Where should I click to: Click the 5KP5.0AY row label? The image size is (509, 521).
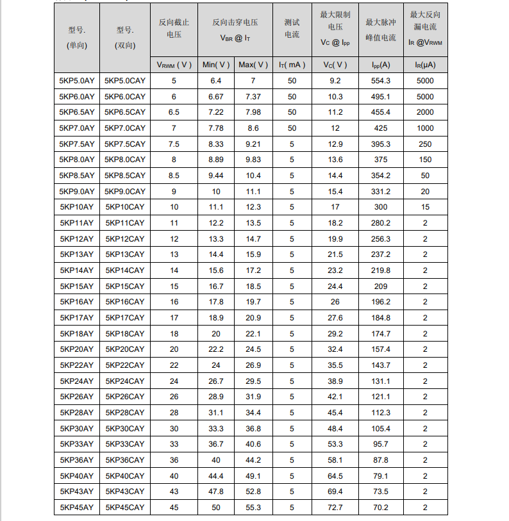coord(77,81)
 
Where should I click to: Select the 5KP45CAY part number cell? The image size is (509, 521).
coord(125,508)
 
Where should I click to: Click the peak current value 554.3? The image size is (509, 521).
coord(381,81)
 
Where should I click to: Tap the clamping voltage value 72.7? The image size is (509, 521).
coord(335,508)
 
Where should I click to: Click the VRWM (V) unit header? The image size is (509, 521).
coord(174,65)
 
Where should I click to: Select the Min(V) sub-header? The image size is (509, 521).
coord(216,65)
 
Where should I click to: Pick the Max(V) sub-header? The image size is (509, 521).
coord(253,65)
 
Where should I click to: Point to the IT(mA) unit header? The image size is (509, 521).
coord(292,65)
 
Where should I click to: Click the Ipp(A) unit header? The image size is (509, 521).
coord(381,65)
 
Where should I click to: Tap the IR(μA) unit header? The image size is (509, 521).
coord(424,65)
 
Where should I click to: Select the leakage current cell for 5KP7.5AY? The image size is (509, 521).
coord(424,144)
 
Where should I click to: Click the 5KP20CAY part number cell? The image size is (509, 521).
coord(125,349)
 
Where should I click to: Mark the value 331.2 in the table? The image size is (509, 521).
coord(381,191)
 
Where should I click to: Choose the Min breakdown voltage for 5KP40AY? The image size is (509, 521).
coord(216,476)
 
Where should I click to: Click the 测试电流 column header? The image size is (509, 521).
coord(292,28)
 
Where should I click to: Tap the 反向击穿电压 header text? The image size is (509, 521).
coord(235,22)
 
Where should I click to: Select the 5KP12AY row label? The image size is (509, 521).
coord(77,238)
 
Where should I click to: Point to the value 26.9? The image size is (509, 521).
coord(253,365)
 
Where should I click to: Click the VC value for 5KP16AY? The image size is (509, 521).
coord(335,302)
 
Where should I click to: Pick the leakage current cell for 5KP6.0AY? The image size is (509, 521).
coord(424,96)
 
